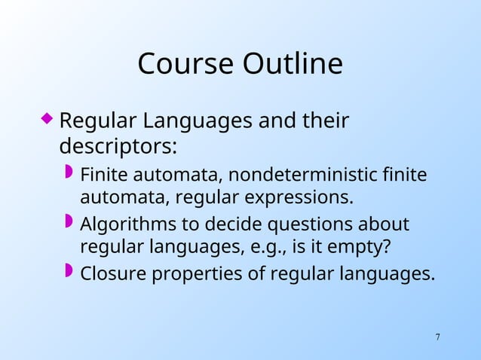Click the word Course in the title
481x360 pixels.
[185, 65]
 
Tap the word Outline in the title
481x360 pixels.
[292, 65]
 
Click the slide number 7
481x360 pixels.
[438, 336]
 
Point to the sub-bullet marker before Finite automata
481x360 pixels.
[69, 172]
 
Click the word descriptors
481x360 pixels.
[118, 144]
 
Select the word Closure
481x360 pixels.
[113, 273]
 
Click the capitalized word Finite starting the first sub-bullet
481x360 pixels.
[105, 175]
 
